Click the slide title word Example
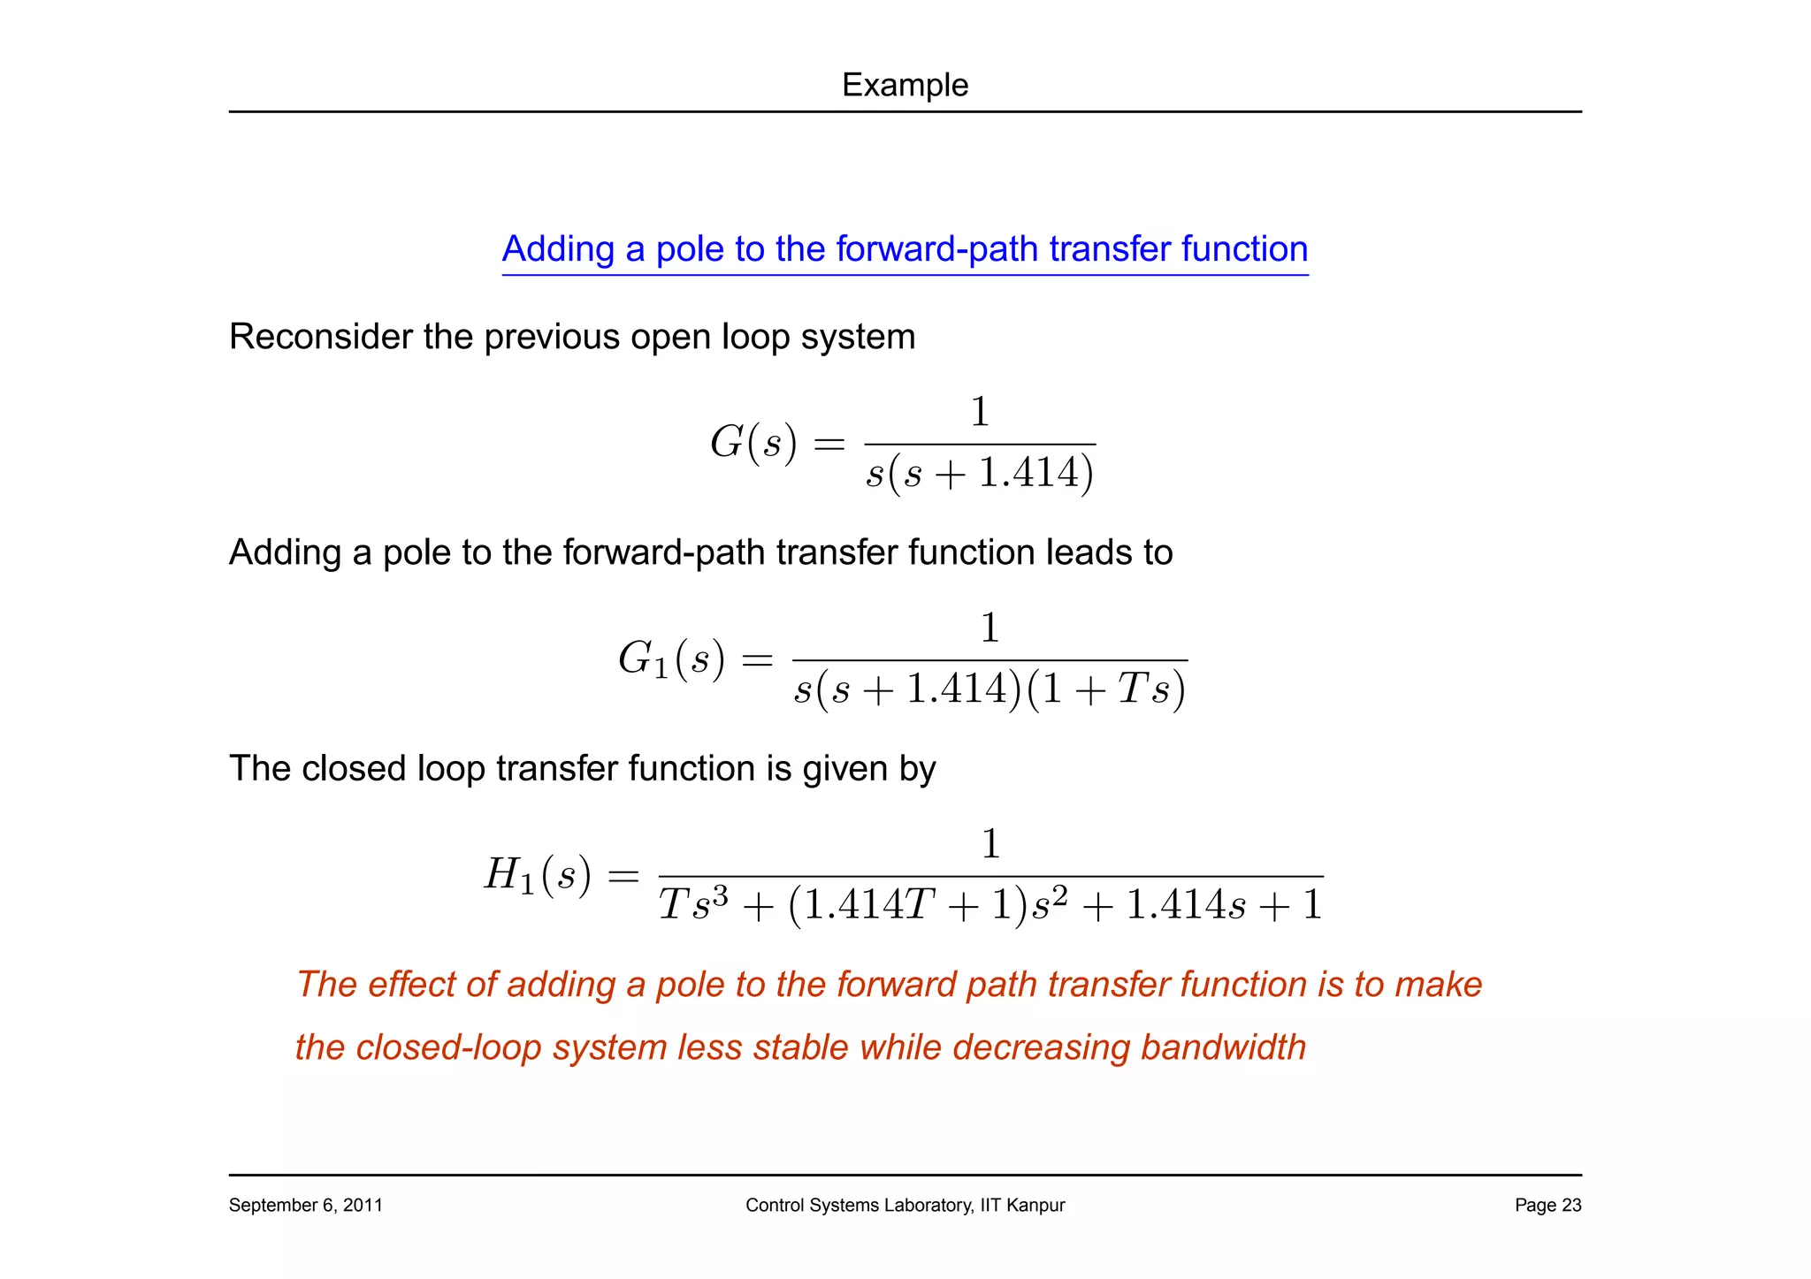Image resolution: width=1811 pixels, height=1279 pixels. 905,85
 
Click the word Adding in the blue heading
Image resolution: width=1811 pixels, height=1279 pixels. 557,249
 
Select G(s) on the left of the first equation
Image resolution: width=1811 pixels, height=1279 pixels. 753,442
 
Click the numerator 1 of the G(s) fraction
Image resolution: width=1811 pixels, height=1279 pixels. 980,412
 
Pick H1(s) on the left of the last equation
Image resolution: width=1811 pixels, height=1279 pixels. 537,875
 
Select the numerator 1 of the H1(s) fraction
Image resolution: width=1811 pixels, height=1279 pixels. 991,844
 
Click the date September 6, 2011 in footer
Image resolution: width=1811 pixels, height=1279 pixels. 305,1205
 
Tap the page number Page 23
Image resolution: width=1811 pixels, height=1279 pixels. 1547,1205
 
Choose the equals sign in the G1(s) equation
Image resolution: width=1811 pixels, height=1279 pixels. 757,659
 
